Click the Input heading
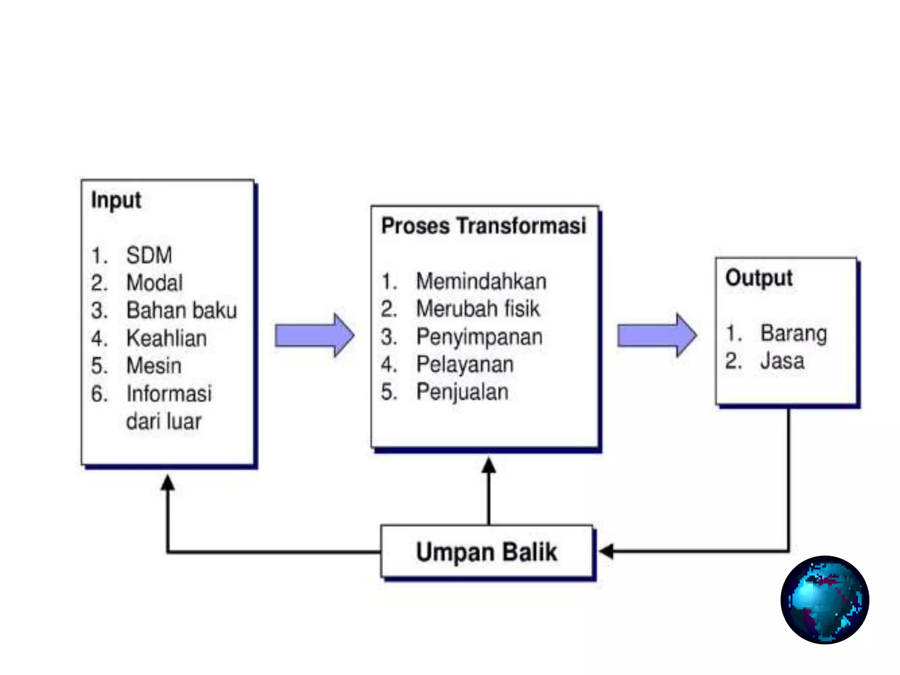point(116,201)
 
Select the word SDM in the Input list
point(149,255)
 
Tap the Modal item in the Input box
point(154,283)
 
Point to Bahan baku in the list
point(181,311)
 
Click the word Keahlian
point(167,338)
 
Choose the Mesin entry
point(154,366)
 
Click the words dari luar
point(163,421)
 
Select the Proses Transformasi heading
point(483,226)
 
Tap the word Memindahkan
point(481,282)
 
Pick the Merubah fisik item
point(478,309)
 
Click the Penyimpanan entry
point(479,337)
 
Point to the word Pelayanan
point(465,365)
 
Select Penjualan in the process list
point(462,392)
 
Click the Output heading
point(759,278)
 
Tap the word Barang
point(794,334)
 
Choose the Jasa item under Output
point(782,361)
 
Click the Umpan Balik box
point(486,552)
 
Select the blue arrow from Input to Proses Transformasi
point(314,336)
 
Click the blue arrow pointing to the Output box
point(657,336)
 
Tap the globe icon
point(824,600)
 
